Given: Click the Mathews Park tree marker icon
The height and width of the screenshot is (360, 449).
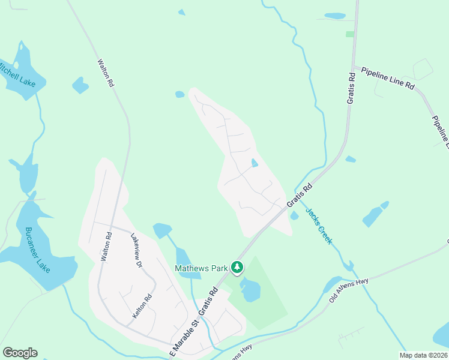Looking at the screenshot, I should (238, 266).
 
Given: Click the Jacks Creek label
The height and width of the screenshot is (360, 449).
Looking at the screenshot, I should (319, 226).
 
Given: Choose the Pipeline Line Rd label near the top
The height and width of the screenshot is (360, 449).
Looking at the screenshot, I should (388, 79).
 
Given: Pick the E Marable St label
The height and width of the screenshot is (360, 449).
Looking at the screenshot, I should (184, 340).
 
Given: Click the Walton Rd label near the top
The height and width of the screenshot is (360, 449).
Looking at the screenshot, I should (106, 73).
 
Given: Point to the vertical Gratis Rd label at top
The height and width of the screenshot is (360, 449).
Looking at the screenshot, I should (352, 88).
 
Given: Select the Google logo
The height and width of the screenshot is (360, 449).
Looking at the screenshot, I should (20, 353).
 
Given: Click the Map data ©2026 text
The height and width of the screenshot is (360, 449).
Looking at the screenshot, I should (423, 355).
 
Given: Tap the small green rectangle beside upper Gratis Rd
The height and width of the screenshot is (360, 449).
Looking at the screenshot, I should (350, 34).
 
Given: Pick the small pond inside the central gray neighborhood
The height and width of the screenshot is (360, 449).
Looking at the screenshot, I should (255, 163).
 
